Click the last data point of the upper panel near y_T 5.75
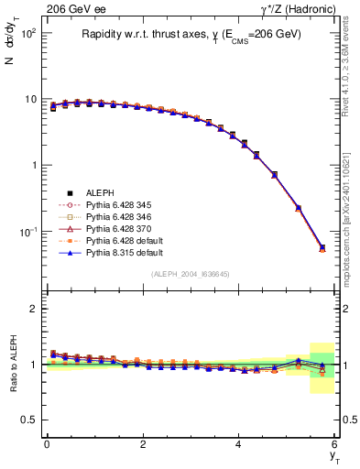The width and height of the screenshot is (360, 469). [322, 247]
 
